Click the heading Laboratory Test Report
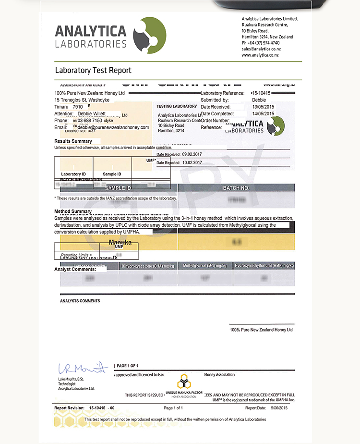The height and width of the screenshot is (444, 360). (93, 70)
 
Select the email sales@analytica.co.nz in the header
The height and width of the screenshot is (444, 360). (261, 49)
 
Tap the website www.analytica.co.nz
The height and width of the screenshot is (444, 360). (260, 55)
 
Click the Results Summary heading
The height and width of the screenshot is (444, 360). (73, 141)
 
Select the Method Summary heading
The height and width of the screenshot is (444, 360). (73, 211)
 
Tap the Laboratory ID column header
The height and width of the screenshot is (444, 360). (73, 174)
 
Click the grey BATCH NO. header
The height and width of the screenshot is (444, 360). (236, 188)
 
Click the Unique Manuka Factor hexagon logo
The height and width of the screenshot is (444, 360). (182, 382)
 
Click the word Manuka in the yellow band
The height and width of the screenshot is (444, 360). (120, 243)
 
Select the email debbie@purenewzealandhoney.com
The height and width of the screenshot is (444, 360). (113, 127)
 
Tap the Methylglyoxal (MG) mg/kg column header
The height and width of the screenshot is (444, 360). (206, 266)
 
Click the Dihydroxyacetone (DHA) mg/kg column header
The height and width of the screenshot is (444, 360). (147, 266)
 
